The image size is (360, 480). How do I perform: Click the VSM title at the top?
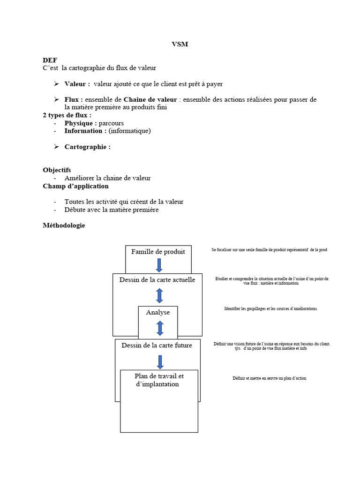180,45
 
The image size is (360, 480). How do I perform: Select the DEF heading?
50,60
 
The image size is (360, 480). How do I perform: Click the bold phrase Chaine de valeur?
150,99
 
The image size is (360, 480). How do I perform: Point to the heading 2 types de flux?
67,115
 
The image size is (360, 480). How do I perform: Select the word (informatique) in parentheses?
129,131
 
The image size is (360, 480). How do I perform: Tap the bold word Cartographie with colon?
87,147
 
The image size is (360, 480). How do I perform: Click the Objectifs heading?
57,170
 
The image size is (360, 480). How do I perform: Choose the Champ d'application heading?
75,186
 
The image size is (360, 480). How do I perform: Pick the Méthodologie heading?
64,225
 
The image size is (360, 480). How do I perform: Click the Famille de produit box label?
158,252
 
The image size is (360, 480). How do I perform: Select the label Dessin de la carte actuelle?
157,280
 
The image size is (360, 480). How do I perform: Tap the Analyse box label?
158,312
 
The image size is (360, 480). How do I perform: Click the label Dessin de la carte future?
157,346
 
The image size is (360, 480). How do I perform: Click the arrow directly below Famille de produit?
159,265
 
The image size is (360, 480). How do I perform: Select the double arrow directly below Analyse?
159,328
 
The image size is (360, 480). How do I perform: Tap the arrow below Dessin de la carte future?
160,362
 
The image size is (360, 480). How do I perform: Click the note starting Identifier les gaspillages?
270,309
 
